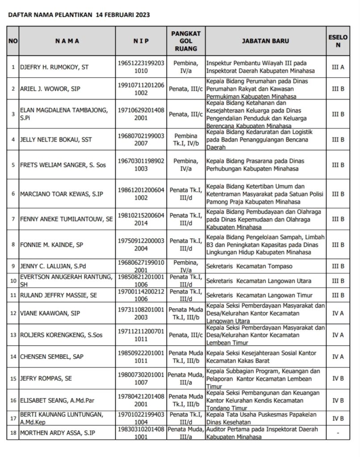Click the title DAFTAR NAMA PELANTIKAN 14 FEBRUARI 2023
pos(79,14)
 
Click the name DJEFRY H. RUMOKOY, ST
pos(54,67)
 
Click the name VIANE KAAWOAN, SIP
pos(50,313)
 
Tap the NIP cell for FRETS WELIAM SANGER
pos(141,165)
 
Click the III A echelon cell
pos(338,67)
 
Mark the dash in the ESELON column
pos(338,433)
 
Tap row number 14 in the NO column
pos(13,357)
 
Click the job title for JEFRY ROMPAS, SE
pos(265,378)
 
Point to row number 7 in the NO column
pos(13,219)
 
